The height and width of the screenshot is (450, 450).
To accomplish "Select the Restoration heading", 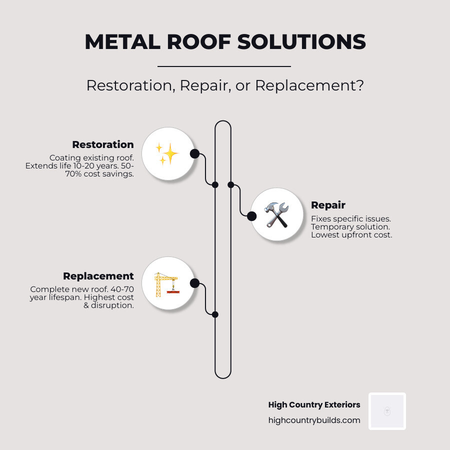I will [x=103, y=144].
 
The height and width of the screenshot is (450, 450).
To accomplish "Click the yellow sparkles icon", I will [x=167, y=153].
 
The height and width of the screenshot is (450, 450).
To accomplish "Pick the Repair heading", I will [x=328, y=205].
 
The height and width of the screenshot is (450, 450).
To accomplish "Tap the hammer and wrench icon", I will [x=276, y=215].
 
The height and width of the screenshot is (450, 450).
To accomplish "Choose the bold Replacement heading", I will [x=98, y=276].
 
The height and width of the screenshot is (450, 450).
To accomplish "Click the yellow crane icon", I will [x=167, y=283].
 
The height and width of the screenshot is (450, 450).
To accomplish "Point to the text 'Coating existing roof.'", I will [x=91, y=158].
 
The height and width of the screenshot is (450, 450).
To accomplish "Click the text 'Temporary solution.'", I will [x=350, y=227].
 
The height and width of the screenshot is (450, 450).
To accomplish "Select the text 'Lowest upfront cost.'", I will [x=351, y=235].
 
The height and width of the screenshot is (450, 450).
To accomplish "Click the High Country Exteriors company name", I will [x=314, y=404].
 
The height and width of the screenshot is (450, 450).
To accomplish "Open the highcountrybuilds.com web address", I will [x=314, y=420].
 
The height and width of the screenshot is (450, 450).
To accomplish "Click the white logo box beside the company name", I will [x=387, y=411].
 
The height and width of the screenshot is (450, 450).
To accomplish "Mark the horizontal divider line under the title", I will [x=224, y=66].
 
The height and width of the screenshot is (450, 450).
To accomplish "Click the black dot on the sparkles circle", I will [x=195, y=153].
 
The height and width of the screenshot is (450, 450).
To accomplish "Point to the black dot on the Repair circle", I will [x=251, y=216].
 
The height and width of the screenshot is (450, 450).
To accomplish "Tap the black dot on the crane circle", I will [x=195, y=283].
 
